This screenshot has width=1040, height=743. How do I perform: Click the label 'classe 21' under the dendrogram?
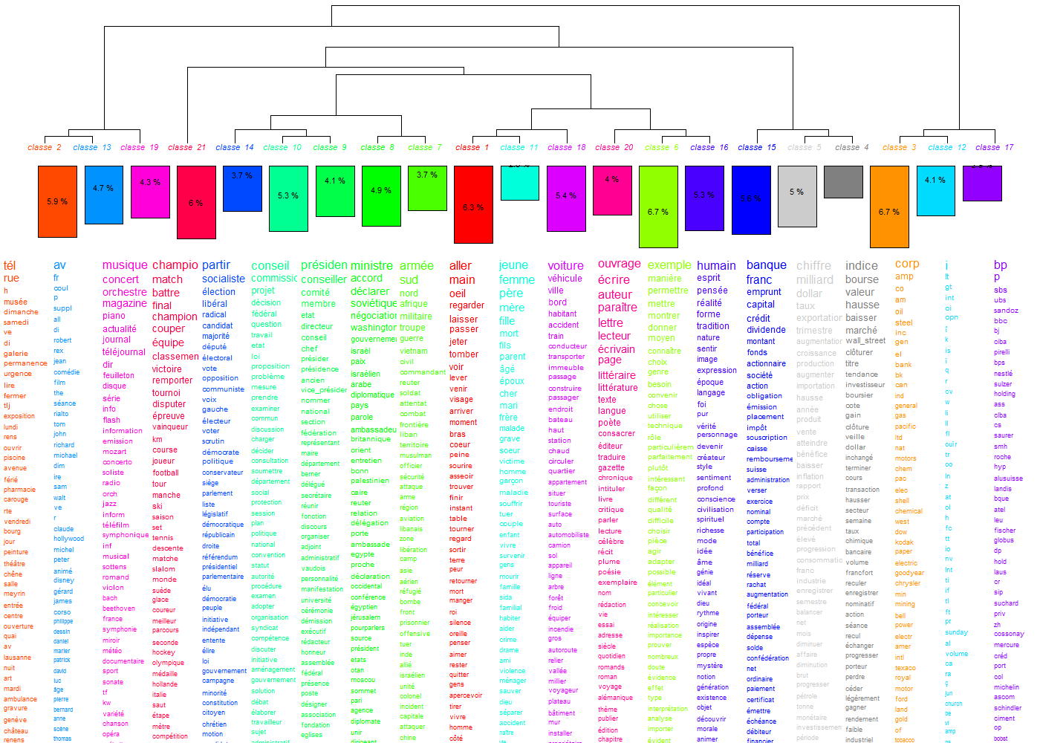[186, 147]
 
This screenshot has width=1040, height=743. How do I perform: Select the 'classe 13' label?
[92, 147]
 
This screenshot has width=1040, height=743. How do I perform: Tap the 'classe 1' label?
[472, 147]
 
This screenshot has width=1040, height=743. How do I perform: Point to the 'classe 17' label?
[994, 147]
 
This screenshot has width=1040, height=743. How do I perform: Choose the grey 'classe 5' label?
[804, 147]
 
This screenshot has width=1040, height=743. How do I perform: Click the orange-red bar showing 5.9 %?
[57, 201]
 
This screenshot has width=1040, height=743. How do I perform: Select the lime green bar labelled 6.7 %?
[658, 207]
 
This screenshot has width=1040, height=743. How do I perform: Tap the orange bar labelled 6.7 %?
[889, 207]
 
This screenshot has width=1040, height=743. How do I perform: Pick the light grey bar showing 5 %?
[796, 196]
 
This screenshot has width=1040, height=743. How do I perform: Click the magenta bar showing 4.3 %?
[150, 192]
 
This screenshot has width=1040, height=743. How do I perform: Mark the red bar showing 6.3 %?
[473, 204]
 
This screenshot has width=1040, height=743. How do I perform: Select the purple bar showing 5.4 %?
[566, 195]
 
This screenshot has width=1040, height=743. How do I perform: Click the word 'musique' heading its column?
[125, 265]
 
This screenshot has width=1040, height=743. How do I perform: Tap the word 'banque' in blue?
[766, 265]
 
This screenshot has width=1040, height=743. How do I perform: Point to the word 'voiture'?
[565, 266]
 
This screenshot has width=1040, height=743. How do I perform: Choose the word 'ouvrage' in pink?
[619, 264]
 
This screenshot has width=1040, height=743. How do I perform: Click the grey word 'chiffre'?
[813, 266]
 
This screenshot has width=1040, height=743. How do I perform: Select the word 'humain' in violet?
[716, 266]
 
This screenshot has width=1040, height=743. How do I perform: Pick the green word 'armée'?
[416, 266]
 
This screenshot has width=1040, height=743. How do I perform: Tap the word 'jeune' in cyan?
[513, 265]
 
